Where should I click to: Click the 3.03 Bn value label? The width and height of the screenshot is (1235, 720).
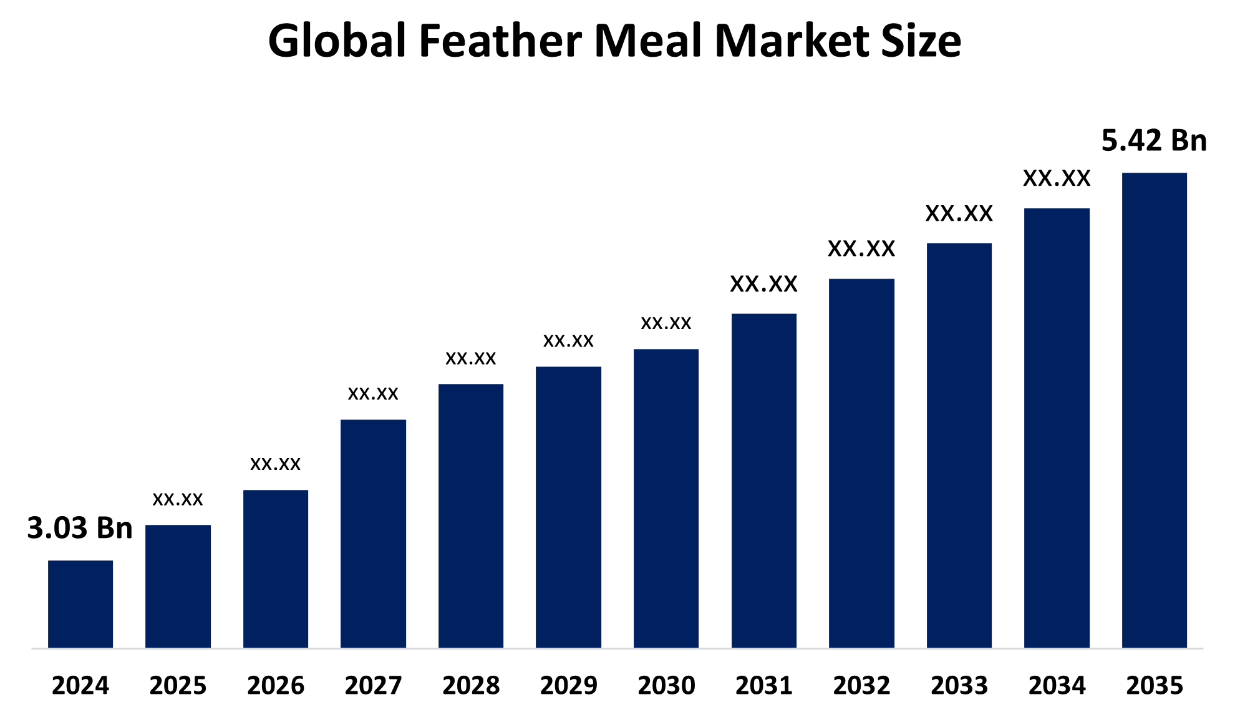tap(80, 528)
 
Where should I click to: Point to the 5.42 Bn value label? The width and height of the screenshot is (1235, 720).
tap(1154, 140)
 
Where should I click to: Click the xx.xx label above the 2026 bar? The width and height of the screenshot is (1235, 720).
tap(275, 464)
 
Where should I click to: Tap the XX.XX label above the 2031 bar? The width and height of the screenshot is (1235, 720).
tap(763, 284)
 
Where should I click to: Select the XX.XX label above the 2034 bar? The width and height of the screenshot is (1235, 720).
tap(1057, 179)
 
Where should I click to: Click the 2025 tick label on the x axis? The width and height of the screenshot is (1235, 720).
tap(178, 686)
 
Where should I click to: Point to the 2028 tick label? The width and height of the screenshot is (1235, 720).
tap(471, 686)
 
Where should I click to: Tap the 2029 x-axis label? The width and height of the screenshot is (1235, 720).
tap(568, 686)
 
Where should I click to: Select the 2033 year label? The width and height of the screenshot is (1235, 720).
tap(959, 686)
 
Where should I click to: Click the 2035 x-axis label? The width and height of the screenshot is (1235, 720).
tap(1154, 686)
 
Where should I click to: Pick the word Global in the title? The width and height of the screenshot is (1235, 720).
tap(337, 41)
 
